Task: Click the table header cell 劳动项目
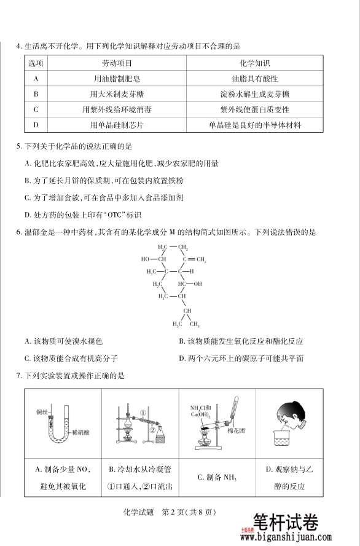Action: [117, 63]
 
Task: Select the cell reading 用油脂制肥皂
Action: [117, 79]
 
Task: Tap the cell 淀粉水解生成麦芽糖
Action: [255, 94]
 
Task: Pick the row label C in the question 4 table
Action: [36, 109]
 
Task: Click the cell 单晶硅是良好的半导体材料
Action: [255, 125]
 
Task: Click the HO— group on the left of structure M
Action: [147, 259]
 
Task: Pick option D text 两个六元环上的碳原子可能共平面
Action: [241, 358]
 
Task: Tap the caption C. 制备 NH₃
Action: [217, 477]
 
